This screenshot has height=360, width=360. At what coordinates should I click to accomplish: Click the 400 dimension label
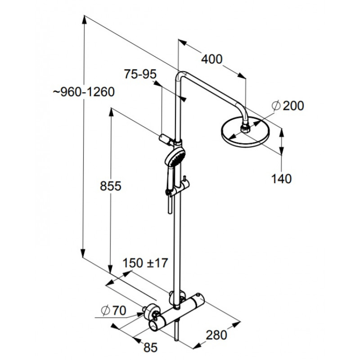coord(211,59)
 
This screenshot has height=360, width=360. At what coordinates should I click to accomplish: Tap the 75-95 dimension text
coord(140,74)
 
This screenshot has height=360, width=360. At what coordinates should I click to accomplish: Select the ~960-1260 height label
coord(84,92)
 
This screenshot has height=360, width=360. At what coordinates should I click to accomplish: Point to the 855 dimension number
coord(110,186)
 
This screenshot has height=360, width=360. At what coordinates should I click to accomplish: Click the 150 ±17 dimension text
coord(145,263)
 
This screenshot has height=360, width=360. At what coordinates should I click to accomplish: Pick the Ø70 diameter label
coord(114,310)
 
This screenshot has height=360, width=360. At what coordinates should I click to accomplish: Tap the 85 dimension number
coord(150,347)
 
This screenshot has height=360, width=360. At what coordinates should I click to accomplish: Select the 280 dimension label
coord(216,335)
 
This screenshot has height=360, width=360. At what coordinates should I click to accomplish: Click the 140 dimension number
coord(281,179)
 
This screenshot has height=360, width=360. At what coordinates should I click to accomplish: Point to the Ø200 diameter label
coord(288,106)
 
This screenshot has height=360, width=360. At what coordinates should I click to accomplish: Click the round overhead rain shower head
coord(245,132)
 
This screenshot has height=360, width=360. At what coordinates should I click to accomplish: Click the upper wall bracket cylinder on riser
coord(164,139)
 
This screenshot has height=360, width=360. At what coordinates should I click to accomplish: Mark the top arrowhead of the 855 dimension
coord(111,112)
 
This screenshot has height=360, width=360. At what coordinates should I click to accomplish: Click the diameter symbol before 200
coord(276,106)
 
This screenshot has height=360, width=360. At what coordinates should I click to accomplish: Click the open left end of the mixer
coord(153,325)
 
